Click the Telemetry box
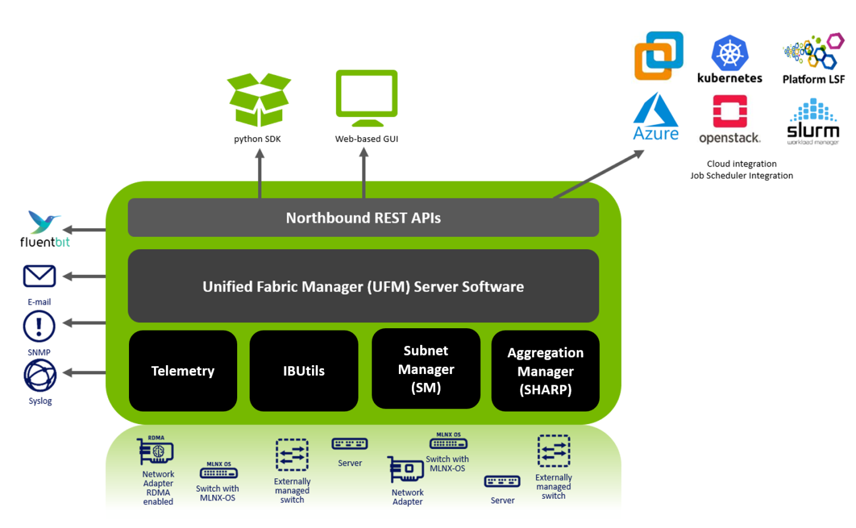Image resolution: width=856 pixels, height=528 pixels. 182,371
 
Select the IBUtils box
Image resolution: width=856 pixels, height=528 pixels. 304,371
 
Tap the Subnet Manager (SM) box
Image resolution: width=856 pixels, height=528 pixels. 426,369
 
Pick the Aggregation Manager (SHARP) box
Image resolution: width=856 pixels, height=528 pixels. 545,371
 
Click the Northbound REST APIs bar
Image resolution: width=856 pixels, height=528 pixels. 363,218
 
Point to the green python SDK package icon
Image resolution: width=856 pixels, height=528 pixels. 259,100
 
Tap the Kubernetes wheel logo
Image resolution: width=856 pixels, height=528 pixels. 729,54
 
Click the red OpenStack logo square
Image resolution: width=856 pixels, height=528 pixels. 730,111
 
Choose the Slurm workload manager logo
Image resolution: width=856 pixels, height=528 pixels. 813,122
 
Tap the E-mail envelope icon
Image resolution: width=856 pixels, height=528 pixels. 39,276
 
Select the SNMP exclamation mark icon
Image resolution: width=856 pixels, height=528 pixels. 39,326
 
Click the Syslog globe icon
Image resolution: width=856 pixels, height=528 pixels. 40,376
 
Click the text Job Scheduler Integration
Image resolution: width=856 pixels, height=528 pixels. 741,175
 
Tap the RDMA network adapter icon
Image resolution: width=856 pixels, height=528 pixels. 156,452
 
